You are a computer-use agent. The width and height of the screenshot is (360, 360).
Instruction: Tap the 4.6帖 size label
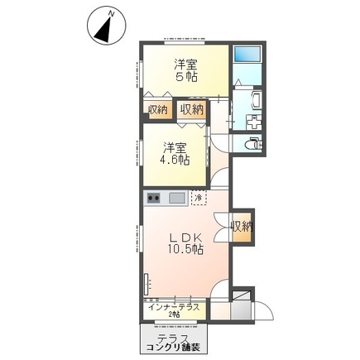pos(174,160)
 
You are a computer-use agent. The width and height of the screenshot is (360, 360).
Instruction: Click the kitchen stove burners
pos(154,199)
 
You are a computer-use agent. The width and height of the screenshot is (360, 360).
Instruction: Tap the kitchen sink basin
pos(177,199)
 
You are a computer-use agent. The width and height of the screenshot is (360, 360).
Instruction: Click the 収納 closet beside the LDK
pos(241,227)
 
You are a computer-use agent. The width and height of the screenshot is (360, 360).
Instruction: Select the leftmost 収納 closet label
pos(158,109)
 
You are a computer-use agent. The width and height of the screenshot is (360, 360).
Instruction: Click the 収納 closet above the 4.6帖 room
pos(191,109)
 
